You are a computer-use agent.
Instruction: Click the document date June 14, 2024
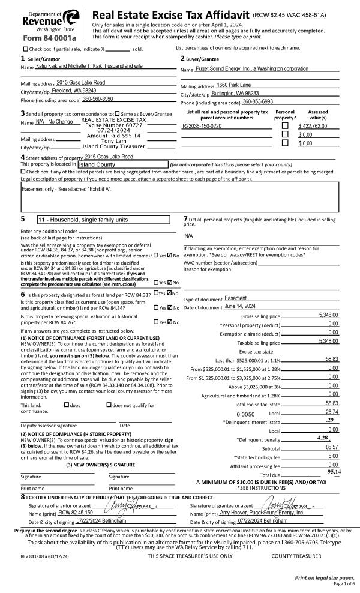pyautogui.click(x=239, y=307)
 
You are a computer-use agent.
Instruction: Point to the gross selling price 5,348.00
pyautogui.click(x=326, y=316)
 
